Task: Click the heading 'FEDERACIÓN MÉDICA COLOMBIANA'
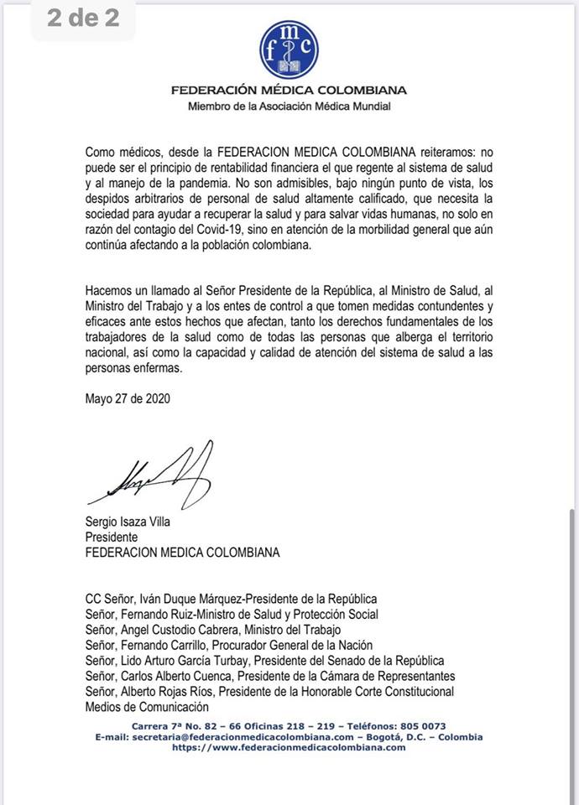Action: [289, 91]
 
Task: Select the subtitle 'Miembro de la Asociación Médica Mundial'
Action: [289, 106]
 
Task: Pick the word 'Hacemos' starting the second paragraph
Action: [109, 289]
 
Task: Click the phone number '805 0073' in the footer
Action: [421, 726]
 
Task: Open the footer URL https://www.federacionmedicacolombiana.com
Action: [289, 747]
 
